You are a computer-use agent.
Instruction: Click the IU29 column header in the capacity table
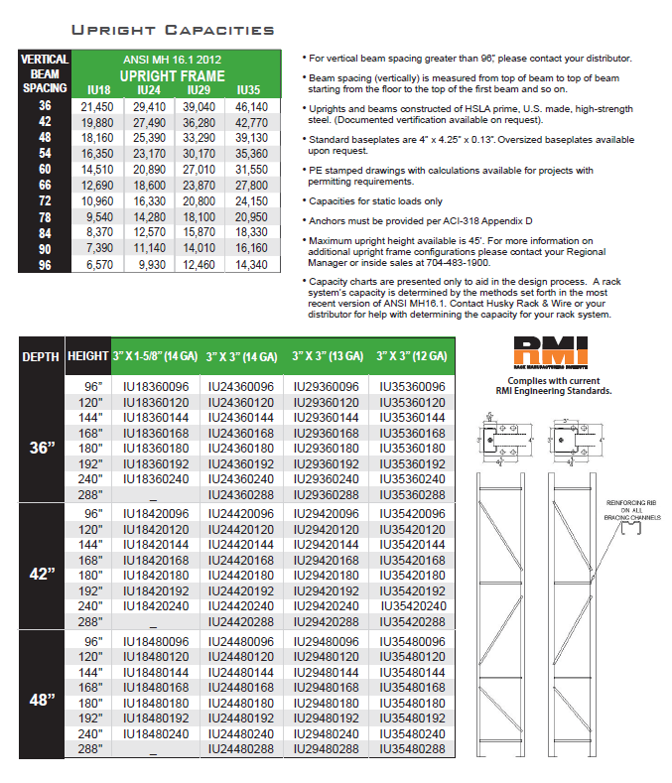(200, 90)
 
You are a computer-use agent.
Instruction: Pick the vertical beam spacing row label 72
(45, 201)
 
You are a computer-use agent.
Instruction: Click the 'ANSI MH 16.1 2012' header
(174, 60)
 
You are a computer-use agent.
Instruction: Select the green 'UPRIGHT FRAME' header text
(174, 75)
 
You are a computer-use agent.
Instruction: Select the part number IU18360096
(154, 386)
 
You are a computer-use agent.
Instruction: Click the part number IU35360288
(412, 493)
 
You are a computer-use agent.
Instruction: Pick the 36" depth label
(41, 447)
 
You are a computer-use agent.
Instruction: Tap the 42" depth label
(41, 575)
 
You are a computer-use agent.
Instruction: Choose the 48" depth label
(41, 700)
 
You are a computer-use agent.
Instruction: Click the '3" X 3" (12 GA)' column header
(412, 355)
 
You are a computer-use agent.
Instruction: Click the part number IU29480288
(326, 749)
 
